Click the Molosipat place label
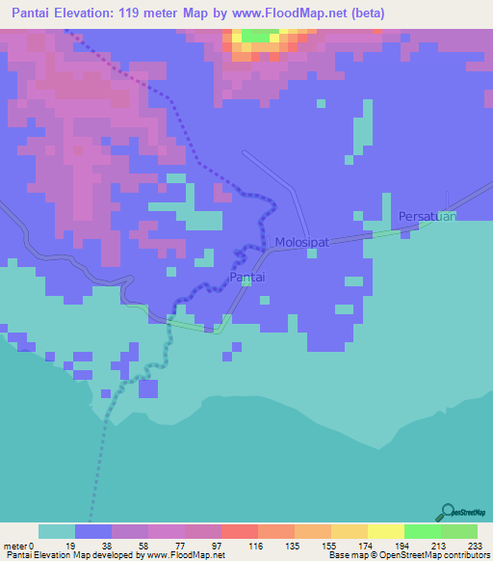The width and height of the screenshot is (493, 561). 301,243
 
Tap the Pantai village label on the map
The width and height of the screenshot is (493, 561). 247,277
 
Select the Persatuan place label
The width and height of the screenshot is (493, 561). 426,216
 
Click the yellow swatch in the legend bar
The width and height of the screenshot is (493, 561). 386,531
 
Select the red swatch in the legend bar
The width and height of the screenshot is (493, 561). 239,531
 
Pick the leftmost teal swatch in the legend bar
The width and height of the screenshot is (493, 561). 57,531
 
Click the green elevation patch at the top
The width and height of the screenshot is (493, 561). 256,35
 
